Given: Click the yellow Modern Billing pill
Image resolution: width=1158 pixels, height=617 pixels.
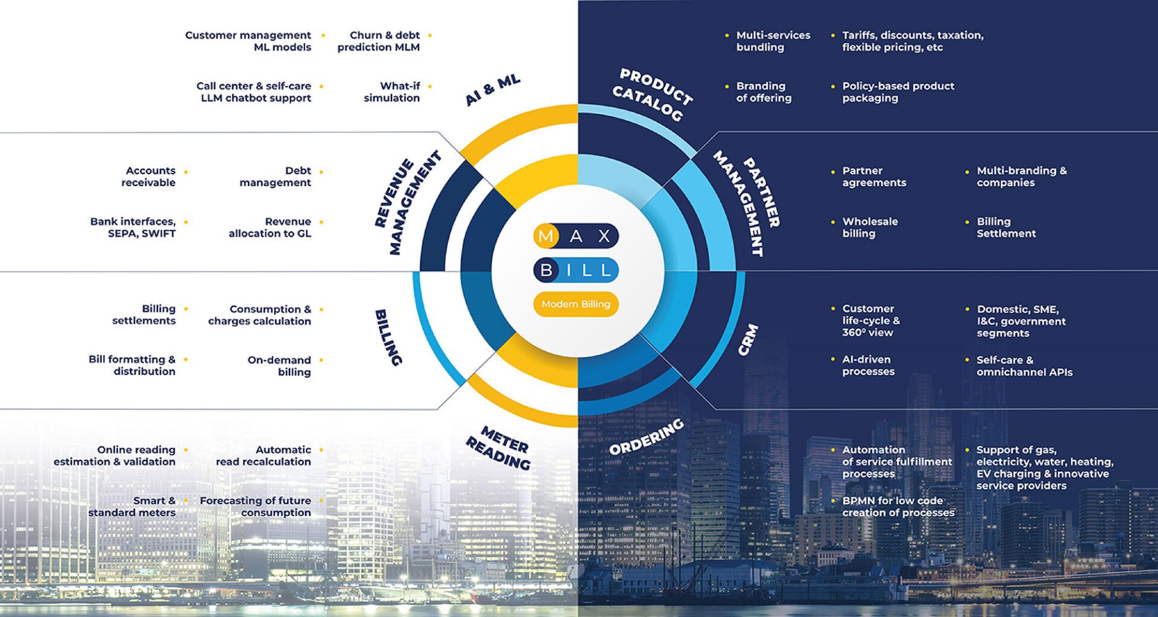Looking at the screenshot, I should click(x=575, y=304).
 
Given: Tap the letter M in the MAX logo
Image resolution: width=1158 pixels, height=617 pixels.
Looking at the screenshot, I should click(x=545, y=236).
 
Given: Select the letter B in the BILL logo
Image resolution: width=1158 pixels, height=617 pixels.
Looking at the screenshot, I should click(x=546, y=270).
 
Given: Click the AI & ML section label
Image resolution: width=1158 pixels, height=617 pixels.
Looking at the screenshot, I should click(x=493, y=91).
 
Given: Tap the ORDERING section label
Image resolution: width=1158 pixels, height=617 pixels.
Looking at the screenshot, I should click(x=647, y=437).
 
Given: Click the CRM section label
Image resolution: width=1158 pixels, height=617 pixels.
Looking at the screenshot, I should click(x=748, y=339).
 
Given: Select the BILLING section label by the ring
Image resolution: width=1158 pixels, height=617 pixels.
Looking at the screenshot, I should click(x=388, y=337).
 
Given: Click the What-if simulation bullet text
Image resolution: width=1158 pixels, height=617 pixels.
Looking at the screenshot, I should click(x=392, y=92).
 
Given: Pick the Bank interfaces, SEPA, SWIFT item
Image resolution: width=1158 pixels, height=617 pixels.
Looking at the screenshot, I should click(x=133, y=228).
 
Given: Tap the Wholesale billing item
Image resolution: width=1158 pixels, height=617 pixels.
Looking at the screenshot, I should click(x=870, y=228).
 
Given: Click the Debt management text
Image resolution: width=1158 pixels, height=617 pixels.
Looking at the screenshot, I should click(x=276, y=177).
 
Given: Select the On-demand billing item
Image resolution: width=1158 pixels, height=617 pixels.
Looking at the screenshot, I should click(x=280, y=366).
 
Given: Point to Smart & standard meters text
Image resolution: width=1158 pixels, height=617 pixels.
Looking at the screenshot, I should click(x=132, y=507).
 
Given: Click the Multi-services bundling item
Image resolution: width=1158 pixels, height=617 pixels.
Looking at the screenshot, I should click(x=773, y=41).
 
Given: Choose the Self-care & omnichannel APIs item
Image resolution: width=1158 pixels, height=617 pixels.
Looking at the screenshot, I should click(x=1024, y=366).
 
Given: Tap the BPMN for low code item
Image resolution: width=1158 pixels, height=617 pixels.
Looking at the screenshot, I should click(x=898, y=507).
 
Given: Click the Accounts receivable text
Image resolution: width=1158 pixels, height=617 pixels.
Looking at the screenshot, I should click(x=149, y=177).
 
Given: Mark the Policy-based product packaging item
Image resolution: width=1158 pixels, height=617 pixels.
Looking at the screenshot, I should click(x=898, y=92).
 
